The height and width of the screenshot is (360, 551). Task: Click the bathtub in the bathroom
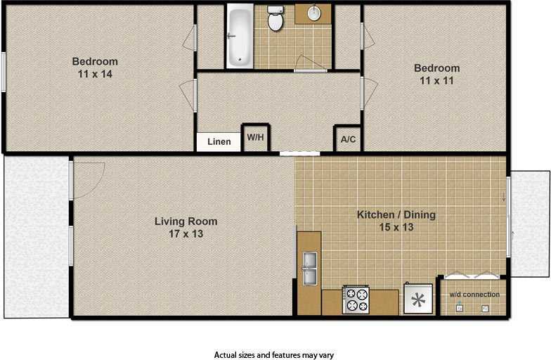[240, 37]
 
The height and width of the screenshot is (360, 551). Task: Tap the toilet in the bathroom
[275, 18]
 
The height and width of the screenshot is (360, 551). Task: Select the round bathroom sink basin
[314, 13]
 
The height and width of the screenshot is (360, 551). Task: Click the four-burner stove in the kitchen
[356, 300]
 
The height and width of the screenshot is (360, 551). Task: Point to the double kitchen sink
[309, 269]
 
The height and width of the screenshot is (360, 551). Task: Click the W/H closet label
[256, 137]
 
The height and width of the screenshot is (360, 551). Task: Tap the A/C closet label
[349, 139]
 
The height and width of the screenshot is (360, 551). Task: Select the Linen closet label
[219, 142]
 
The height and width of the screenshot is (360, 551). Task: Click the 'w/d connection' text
[474, 295]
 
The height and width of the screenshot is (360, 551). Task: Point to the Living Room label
[186, 221]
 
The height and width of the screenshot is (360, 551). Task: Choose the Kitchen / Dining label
[396, 214]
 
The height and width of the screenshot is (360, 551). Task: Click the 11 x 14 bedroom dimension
[95, 74]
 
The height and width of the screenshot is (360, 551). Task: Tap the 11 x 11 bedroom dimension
[436, 80]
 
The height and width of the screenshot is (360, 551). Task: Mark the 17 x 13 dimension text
[186, 233]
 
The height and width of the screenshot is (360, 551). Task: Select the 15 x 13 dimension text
[396, 227]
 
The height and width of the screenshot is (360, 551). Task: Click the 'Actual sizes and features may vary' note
[274, 355]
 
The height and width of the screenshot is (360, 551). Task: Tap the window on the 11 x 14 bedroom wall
[3, 72]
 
